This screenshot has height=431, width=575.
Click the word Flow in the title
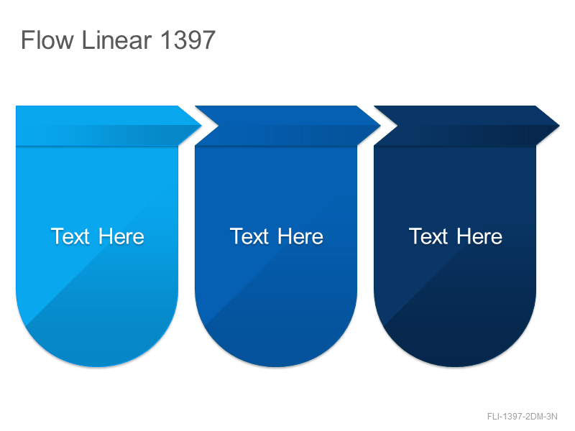47,40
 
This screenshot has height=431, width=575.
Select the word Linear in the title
116,40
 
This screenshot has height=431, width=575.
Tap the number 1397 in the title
188,40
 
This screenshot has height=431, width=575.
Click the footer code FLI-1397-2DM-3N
523,417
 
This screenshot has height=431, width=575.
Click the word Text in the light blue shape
70,236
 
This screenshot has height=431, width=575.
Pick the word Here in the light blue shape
121,236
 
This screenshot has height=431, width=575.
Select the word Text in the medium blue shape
249,236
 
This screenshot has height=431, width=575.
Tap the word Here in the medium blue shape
300,236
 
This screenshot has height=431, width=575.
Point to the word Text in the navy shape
428,236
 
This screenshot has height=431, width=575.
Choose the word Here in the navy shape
479,236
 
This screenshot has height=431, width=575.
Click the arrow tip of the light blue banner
201,126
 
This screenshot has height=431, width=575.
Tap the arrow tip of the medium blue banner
380,126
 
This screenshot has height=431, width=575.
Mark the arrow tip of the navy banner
559,126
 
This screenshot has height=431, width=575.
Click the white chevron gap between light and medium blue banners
209,126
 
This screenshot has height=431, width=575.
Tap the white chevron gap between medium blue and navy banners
388,126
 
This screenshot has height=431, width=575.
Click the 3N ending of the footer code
552,417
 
